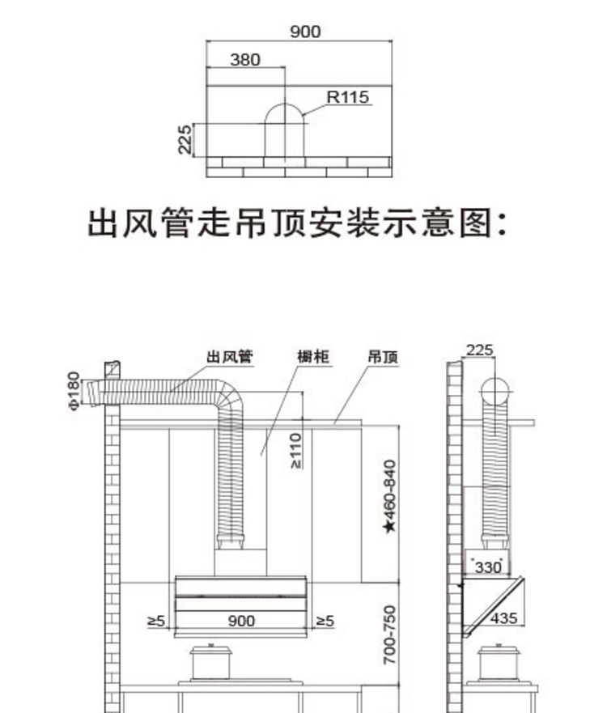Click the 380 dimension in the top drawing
coord(245,60)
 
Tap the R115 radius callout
coord(348,97)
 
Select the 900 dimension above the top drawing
coord(305,32)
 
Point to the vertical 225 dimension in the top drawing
coord(185,139)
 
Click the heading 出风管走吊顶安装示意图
coord(297,223)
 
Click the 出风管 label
coord(230,356)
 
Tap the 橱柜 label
coord(313,356)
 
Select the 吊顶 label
coord(383,357)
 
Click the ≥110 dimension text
coord(295,451)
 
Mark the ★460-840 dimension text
coord(389,496)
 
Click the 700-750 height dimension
coord(389,634)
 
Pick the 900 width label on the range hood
coord(241,621)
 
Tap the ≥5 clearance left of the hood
coord(156,621)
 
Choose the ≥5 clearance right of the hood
coord(325,621)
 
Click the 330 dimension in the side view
coord(488,567)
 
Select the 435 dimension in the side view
coord(503,618)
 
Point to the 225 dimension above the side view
coord(480,350)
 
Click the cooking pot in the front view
coord(211,662)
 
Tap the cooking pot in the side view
coord(499,662)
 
